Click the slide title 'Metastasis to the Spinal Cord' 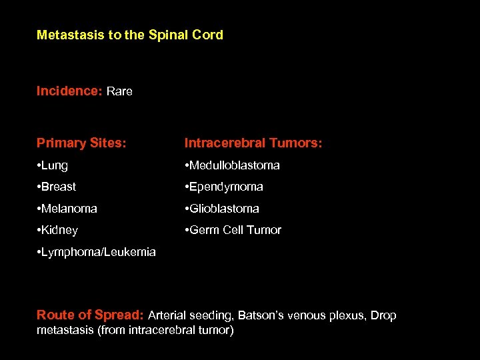[130, 35]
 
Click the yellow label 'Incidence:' [69, 91]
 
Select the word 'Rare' [119, 91]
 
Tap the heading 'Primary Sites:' [81, 143]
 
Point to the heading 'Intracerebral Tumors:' [253, 143]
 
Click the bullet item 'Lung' [53, 165]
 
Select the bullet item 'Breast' [57, 187]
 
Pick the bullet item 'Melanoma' [67, 209]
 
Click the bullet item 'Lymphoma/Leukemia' [97, 252]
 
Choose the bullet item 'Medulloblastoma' [233, 165]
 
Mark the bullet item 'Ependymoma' [225, 187]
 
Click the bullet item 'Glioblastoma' [223, 209]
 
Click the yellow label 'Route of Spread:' [89, 315]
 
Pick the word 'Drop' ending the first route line [383, 315]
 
